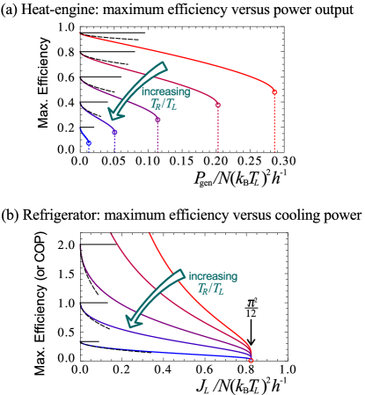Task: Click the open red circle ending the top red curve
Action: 274,92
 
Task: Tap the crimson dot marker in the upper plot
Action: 218,106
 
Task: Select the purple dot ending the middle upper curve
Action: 158,119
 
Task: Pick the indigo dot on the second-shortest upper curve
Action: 115,132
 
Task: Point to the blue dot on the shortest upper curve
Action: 89,143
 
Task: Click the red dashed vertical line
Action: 274,123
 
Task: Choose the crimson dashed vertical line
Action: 218,130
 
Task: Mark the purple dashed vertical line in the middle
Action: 158,136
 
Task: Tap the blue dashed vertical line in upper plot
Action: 89,148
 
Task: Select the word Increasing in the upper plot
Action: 165,91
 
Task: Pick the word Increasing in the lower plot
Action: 213,276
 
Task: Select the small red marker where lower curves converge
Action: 251,360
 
